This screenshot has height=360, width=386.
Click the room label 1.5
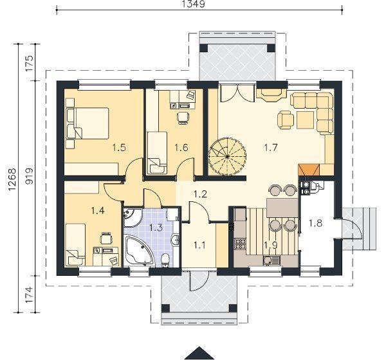coord(119,148)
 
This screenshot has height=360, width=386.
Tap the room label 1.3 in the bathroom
coord(156,228)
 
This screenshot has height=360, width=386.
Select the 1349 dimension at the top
coord(193,4)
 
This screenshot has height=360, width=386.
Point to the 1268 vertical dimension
coord(12,179)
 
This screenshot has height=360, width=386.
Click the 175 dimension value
coord(29,63)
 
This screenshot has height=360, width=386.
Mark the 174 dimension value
coord(29,294)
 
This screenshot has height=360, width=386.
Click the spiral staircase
coord(227,156)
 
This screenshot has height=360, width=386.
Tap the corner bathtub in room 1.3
coord(139,250)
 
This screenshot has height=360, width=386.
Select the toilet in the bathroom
coord(165,260)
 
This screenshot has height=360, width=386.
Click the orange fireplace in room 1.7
coord(309,170)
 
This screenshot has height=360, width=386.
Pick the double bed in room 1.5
coord(87,123)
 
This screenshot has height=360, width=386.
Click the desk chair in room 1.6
coord(183,118)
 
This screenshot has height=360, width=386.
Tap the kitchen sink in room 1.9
coord(271,260)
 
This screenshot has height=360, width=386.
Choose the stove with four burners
coord(240,244)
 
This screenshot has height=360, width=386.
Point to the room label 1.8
coord(316,223)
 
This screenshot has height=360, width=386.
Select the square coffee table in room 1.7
coord(306,120)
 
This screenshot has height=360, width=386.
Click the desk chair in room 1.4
coord(106,238)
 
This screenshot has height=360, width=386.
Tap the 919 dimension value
coord(29,176)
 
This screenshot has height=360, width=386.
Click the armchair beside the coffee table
coord(286,120)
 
